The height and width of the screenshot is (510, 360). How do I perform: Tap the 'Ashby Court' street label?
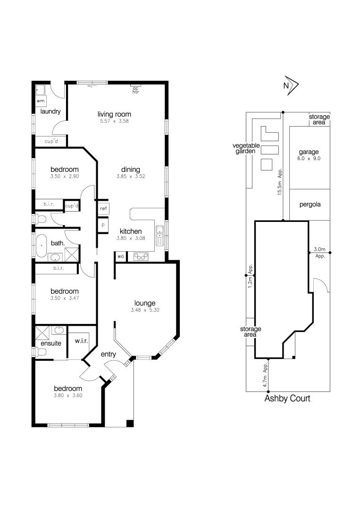pos(287,399)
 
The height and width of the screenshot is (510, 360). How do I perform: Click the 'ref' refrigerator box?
pos(103,208)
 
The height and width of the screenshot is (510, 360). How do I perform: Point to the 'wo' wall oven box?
pos(120,256)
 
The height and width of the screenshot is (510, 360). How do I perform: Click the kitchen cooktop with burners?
pos(141,256)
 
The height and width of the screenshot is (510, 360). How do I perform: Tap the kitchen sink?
pos(160,233)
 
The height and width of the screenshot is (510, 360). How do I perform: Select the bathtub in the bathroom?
pos(42,246)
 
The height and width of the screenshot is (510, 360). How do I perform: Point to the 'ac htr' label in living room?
pos(135,90)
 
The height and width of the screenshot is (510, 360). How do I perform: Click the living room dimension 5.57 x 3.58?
pos(114,121)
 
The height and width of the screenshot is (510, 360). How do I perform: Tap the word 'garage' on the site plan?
pos(309,152)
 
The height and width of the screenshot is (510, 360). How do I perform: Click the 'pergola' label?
pos(309,205)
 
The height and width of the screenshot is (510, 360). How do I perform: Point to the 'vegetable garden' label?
pos(244,148)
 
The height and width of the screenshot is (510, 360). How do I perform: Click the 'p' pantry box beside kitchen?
pos(103,224)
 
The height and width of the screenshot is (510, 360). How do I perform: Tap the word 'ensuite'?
pos(50,343)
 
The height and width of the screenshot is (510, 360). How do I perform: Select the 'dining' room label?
pos(130,170)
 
